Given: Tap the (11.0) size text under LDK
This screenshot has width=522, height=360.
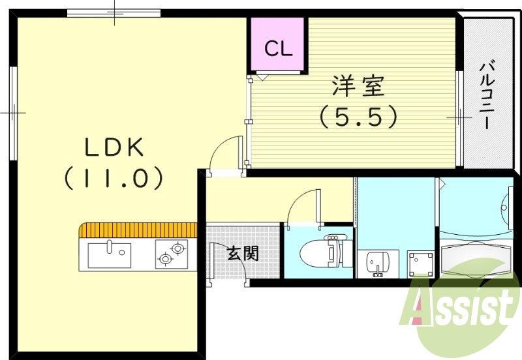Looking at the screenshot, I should (114, 177).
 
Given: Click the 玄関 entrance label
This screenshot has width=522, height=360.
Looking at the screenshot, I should (242, 254).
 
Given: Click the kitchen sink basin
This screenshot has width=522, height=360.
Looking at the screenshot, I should (109, 255).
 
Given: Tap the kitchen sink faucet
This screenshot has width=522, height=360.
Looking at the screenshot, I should (110, 247).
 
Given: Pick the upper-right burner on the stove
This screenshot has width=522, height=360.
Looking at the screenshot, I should (177, 248).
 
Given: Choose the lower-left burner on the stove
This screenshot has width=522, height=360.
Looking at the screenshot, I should (164, 260).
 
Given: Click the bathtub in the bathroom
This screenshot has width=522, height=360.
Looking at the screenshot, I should (476, 259).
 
